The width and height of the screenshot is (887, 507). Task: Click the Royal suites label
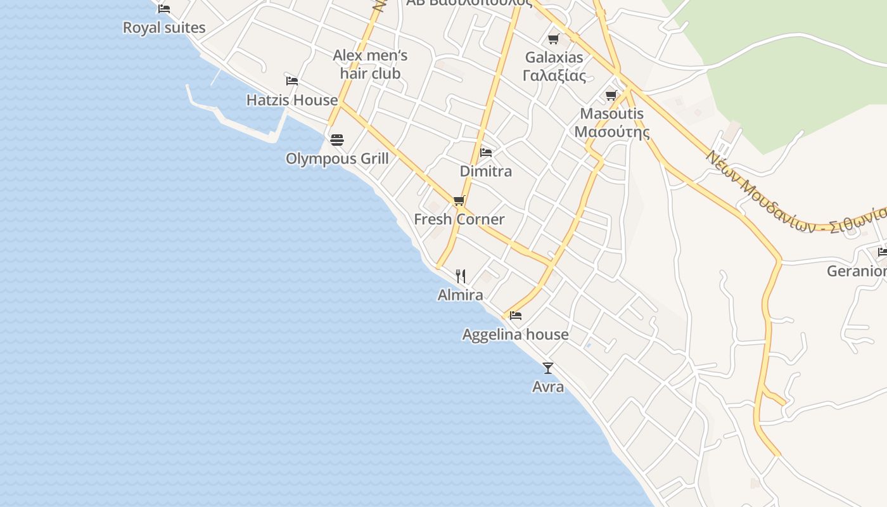(x=164, y=28)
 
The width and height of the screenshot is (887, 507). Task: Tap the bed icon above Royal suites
(x=164, y=9)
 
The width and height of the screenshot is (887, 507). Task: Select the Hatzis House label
(x=292, y=100)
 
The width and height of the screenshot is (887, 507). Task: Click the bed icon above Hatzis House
(x=292, y=81)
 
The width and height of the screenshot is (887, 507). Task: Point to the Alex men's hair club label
(x=370, y=65)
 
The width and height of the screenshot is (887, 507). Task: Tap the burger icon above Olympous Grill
(x=337, y=139)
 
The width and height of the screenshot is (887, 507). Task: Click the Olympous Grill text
(x=337, y=158)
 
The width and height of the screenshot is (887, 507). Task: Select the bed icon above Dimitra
(x=486, y=152)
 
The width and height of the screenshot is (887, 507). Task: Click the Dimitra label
(x=486, y=171)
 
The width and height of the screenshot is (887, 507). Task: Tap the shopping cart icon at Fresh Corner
(x=459, y=201)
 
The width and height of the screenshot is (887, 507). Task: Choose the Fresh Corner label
(x=459, y=219)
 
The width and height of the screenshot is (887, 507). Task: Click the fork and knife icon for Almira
(x=461, y=276)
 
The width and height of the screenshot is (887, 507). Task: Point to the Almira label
(x=461, y=295)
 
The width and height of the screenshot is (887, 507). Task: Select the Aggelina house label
(x=515, y=335)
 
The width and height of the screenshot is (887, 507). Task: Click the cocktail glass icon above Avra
(x=548, y=368)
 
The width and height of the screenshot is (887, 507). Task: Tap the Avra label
(x=548, y=387)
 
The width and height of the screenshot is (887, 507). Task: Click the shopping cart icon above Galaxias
(x=554, y=39)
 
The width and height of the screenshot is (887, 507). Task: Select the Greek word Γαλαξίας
(x=554, y=75)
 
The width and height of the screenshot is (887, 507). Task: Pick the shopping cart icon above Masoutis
(x=611, y=96)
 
